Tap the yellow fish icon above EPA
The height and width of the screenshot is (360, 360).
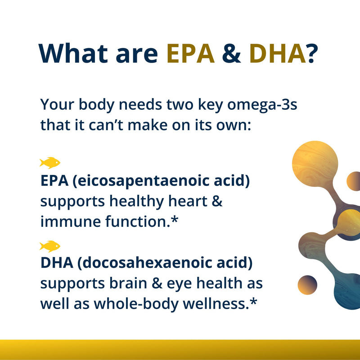click(x=49, y=162)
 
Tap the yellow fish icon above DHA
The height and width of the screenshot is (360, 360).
click(x=49, y=246)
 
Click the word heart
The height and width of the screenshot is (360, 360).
click(x=188, y=201)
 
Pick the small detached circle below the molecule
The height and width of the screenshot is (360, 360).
click(x=307, y=285)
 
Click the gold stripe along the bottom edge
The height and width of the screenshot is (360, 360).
click(x=180, y=350)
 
